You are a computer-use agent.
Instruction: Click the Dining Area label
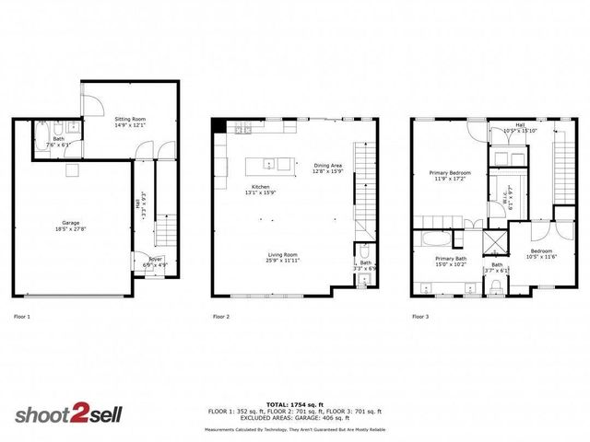pos(327,165)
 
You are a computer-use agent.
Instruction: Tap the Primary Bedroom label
pos(447,172)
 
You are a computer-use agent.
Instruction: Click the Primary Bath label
pos(451,259)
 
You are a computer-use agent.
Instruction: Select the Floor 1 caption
pos(22,317)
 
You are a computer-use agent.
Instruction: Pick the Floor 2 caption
pos(221,317)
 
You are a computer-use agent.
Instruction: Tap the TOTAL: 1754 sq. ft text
pos(295,403)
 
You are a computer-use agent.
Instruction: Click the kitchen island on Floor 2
pos(269,165)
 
